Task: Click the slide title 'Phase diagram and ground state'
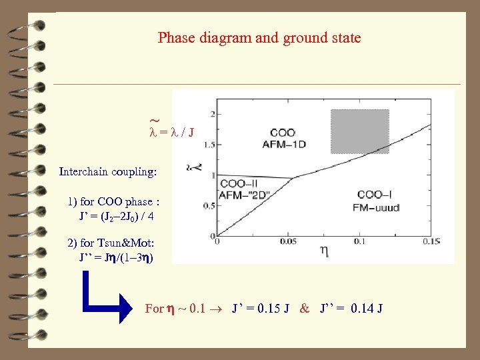259,38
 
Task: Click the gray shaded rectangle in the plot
360,131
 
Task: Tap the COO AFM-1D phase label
283,138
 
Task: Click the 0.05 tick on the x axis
290,241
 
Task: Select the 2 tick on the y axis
211,112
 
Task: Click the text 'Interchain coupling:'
108,171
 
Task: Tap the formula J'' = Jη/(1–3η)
115,257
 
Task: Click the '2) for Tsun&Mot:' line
111,243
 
